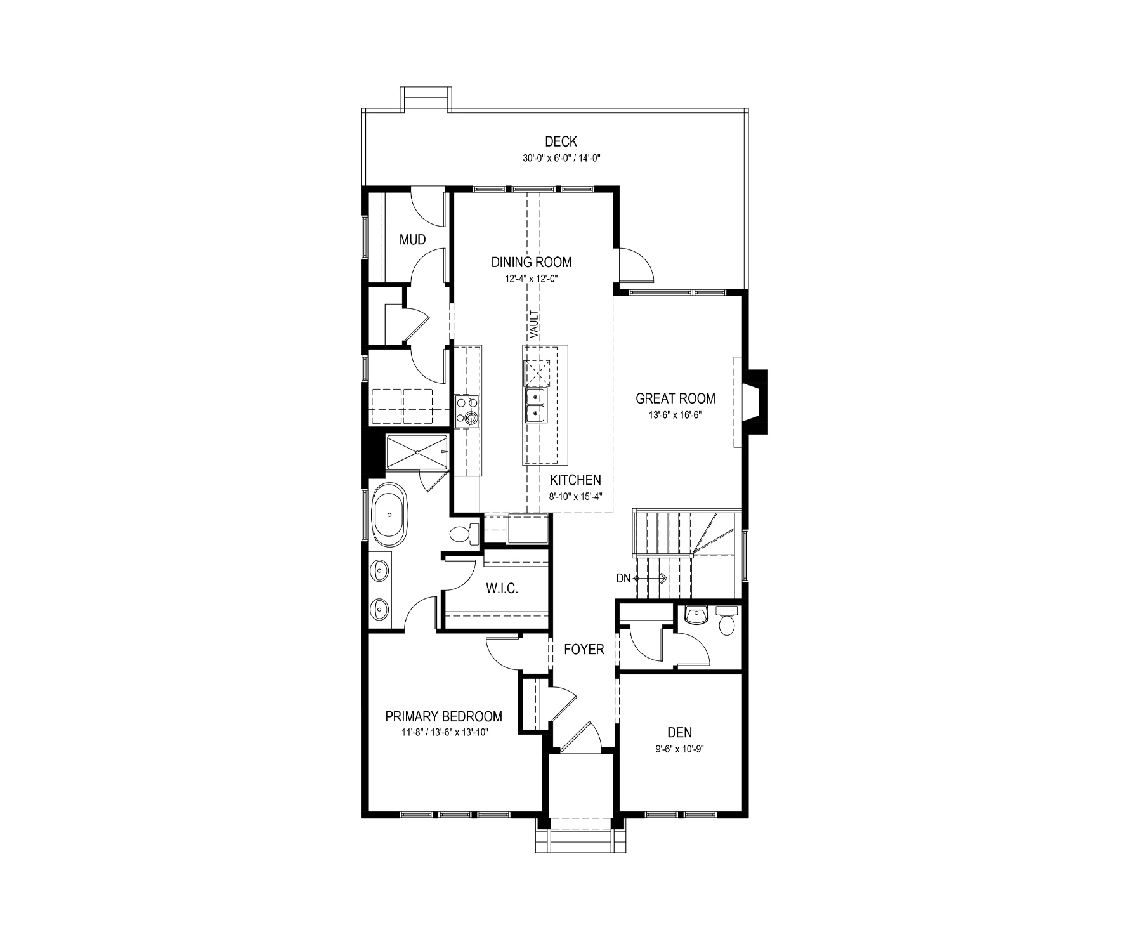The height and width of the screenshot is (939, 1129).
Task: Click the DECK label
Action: click(x=561, y=142)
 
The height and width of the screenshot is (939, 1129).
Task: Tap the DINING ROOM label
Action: click(x=532, y=262)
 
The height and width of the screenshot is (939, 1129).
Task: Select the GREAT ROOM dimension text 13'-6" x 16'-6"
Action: click(x=675, y=415)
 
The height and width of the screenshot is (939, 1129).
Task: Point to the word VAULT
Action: click(x=534, y=323)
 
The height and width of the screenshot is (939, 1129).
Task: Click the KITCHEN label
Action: click(x=575, y=480)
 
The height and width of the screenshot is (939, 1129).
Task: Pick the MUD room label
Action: click(x=412, y=240)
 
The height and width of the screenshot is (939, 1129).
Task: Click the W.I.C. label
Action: click(x=502, y=589)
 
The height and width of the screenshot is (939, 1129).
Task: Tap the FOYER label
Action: click(x=584, y=650)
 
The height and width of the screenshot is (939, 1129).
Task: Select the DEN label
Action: click(x=679, y=733)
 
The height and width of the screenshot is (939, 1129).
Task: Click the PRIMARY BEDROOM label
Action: click(x=444, y=717)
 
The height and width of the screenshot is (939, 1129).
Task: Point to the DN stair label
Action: click(x=623, y=578)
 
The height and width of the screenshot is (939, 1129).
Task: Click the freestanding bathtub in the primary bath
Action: click(x=390, y=515)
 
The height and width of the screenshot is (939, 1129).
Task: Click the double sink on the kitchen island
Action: click(x=536, y=405)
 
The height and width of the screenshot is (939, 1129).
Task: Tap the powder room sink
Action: click(x=696, y=615)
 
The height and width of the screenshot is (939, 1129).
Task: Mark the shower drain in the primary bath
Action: click(x=418, y=451)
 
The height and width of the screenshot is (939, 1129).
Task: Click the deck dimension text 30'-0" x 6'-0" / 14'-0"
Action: click(x=561, y=159)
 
